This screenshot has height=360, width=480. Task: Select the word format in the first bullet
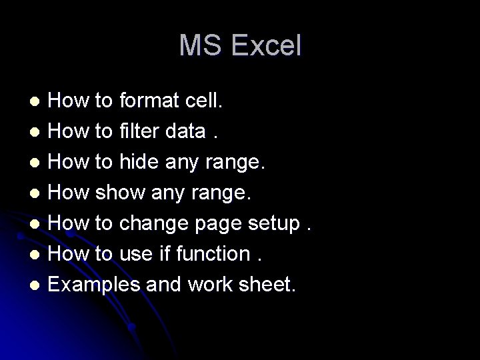tap(151, 101)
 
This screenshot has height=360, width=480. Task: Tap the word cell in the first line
tap(206, 101)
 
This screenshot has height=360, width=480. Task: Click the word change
tap(155, 224)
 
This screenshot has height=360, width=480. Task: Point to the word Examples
tap(94, 285)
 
